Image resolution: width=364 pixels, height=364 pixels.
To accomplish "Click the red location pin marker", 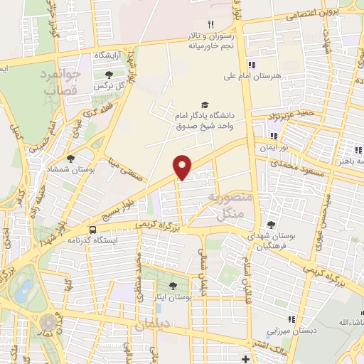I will pyautogui.click(x=183, y=166).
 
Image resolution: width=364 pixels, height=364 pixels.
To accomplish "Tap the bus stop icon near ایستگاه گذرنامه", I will pyautogui.click(x=93, y=229).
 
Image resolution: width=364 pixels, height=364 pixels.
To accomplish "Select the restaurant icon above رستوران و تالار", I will pyautogui.click(x=210, y=24).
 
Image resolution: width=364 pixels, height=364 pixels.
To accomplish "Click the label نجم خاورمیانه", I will pyautogui.click(x=210, y=46).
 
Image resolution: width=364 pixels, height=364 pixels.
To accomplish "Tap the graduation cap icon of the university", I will pyautogui.click(x=205, y=105).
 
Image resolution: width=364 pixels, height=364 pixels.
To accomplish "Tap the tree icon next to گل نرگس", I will pyautogui.click(x=109, y=74).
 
